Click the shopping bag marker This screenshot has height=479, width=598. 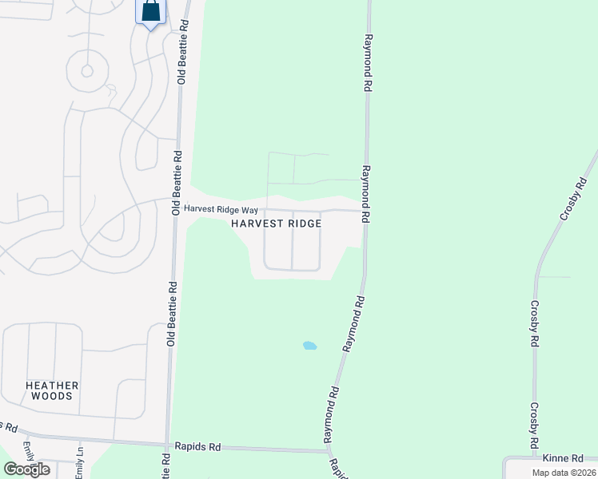(150, 14)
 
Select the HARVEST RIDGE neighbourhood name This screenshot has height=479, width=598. (277, 224)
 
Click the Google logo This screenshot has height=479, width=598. (26, 469)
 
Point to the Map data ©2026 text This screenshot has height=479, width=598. (563, 473)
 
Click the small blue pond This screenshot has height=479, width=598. (309, 346)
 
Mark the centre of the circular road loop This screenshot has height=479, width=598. (87, 70)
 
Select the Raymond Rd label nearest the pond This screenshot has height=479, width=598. (353, 325)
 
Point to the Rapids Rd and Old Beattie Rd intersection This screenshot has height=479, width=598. (167, 445)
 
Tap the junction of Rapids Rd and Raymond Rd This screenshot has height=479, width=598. (329, 451)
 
